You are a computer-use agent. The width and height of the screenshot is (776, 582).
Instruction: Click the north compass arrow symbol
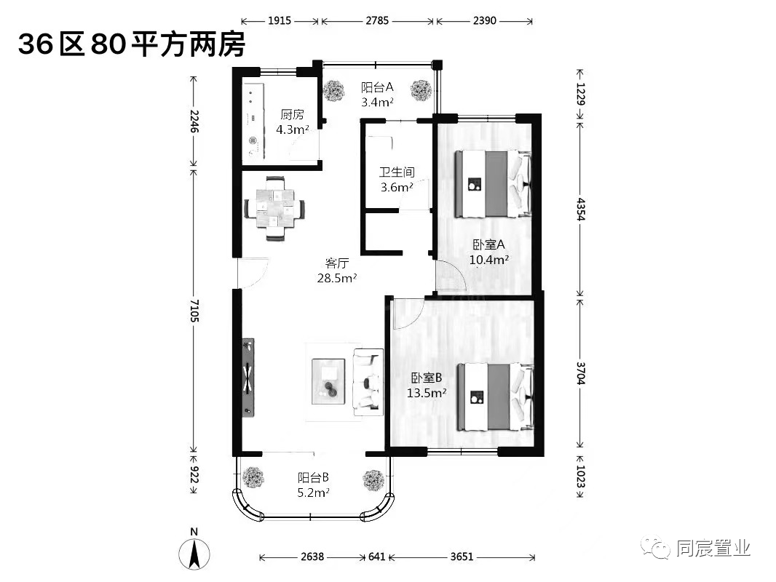click(194, 554)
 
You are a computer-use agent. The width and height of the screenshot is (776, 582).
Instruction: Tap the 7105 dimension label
click(194, 311)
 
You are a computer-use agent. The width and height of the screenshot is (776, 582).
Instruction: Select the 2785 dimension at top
click(377, 21)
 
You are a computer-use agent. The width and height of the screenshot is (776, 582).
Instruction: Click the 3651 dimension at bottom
click(462, 557)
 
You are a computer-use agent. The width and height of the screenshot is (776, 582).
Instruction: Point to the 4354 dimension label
click(581, 210)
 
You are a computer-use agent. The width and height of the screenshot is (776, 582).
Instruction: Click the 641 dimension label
click(376, 557)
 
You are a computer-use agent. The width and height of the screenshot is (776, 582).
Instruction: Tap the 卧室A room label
click(489, 244)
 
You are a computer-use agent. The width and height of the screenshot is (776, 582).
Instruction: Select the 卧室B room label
click(427, 378)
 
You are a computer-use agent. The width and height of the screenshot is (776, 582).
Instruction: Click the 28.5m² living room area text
click(337, 278)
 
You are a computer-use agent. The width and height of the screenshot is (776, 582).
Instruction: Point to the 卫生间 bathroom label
click(397, 172)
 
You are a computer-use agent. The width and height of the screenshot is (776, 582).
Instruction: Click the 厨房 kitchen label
click(292, 115)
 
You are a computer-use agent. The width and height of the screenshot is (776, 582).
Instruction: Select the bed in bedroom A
click(493, 184)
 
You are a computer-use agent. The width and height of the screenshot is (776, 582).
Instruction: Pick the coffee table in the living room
click(328, 381)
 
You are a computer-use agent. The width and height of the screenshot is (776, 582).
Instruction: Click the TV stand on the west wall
click(248, 378)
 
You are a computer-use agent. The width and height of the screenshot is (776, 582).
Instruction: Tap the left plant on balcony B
click(253, 478)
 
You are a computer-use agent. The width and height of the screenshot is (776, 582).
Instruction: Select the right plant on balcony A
click(421, 90)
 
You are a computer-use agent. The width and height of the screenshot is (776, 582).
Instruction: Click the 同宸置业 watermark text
click(713, 548)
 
